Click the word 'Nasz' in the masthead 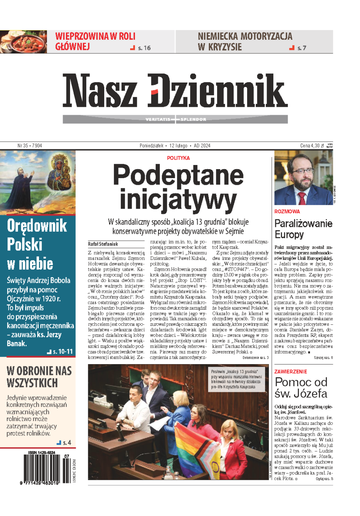pyautogui.click(x=100, y=90)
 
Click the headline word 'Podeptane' pyautogui.click(x=178, y=175)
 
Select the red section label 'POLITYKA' pyautogui.click(x=178, y=158)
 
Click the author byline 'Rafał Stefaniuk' pyautogui.click(x=103, y=244)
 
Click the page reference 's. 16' pyautogui.click(x=144, y=48)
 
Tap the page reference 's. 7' pyautogui.click(x=301, y=48)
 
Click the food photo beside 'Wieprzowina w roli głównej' pyautogui.click(x=23, y=42)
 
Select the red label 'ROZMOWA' pyautogui.click(x=287, y=211)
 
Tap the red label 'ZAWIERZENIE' pyautogui.click(x=291, y=372)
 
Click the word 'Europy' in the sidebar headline pyautogui.click(x=289, y=235)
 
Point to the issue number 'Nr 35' pyautogui.click(x=23, y=145)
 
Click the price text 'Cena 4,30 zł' pyautogui.click(x=312, y=145)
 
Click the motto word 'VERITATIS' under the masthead pyautogui.click(x=158, y=119)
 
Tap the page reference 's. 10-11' pyautogui.click(x=62, y=351)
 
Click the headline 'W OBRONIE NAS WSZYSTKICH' pyautogui.click(x=39, y=377)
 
